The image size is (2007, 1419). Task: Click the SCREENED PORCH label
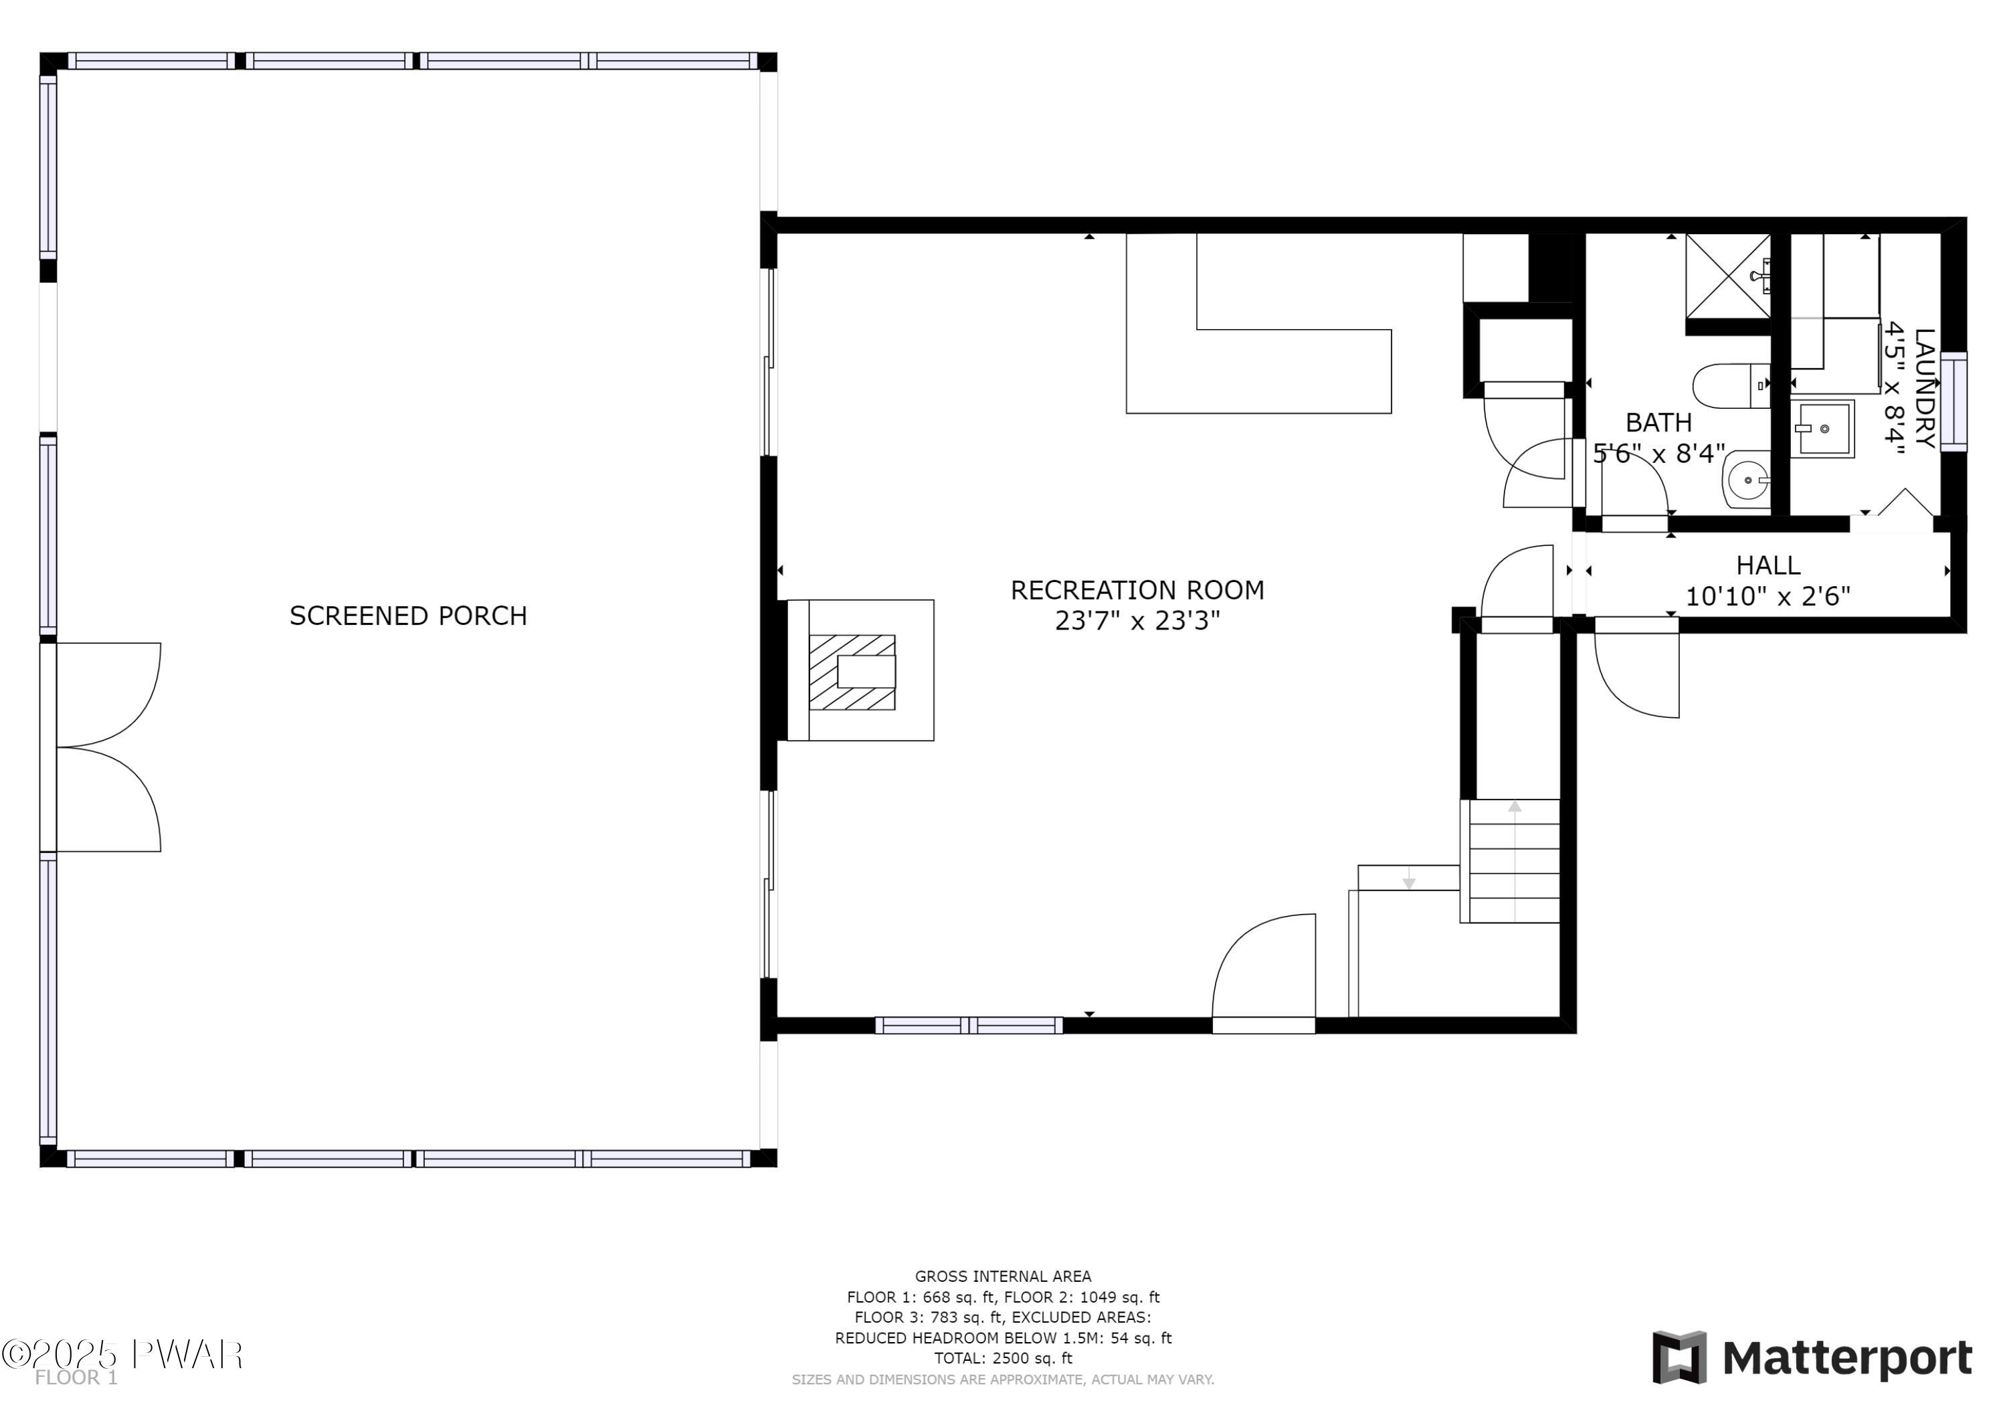[x=408, y=616]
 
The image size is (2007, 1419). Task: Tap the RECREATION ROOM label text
[x=1137, y=590]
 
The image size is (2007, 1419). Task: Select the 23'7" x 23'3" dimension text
[x=1137, y=621]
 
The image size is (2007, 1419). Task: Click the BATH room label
[x=1658, y=423]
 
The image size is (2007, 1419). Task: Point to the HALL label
[x=1768, y=566]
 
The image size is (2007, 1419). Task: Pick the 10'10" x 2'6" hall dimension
[x=1767, y=596]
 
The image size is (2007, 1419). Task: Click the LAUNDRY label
[x=1925, y=388]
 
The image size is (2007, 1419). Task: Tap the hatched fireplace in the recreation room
[x=852, y=672]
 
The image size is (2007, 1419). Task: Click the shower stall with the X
[x=1728, y=276]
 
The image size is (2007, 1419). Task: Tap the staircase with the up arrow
[x=1510, y=861]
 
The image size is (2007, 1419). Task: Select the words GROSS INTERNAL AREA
[x=1003, y=1276]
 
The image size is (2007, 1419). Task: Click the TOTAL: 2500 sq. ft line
[x=1003, y=1359]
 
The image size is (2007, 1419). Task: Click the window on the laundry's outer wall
[x=1953, y=402]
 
